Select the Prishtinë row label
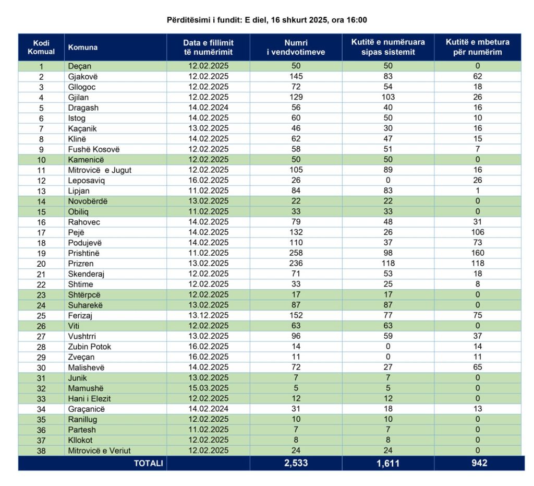(84, 253)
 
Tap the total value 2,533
(296, 463)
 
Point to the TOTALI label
(149, 463)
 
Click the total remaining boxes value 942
(477, 463)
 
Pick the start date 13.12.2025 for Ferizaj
(208, 315)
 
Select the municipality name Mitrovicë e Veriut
(99, 451)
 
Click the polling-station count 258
(296, 253)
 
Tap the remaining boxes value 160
(477, 253)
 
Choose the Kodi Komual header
(41, 48)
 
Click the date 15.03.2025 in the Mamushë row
(208, 388)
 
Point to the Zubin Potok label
(89, 347)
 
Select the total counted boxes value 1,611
(388, 463)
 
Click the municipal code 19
(41, 253)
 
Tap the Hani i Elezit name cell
(89, 399)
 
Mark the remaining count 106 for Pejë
(477, 232)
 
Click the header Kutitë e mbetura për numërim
(477, 48)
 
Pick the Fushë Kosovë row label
(94, 149)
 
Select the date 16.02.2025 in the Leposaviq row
(208, 181)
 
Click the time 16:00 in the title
(357, 20)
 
